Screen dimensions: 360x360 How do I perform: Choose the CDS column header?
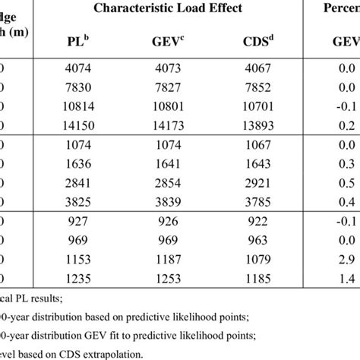(x=253, y=43)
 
